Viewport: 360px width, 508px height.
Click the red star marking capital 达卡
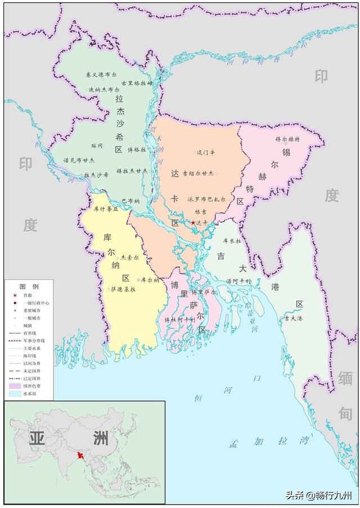click(193, 223)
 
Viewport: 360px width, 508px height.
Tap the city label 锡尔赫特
click(287, 138)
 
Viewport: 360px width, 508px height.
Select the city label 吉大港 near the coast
click(294, 318)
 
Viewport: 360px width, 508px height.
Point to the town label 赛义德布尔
click(100, 74)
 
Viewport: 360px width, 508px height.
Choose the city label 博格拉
click(137, 150)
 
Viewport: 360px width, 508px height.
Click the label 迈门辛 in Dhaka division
click(205, 152)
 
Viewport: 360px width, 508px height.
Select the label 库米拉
click(232, 240)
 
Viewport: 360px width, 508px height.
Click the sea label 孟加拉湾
click(269, 440)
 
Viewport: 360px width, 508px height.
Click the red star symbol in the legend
click(14, 295)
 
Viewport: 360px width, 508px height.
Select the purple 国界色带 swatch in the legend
click(14, 386)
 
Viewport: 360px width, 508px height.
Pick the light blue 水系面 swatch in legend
click(14, 394)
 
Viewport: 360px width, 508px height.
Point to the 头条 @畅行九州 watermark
click(318, 496)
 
